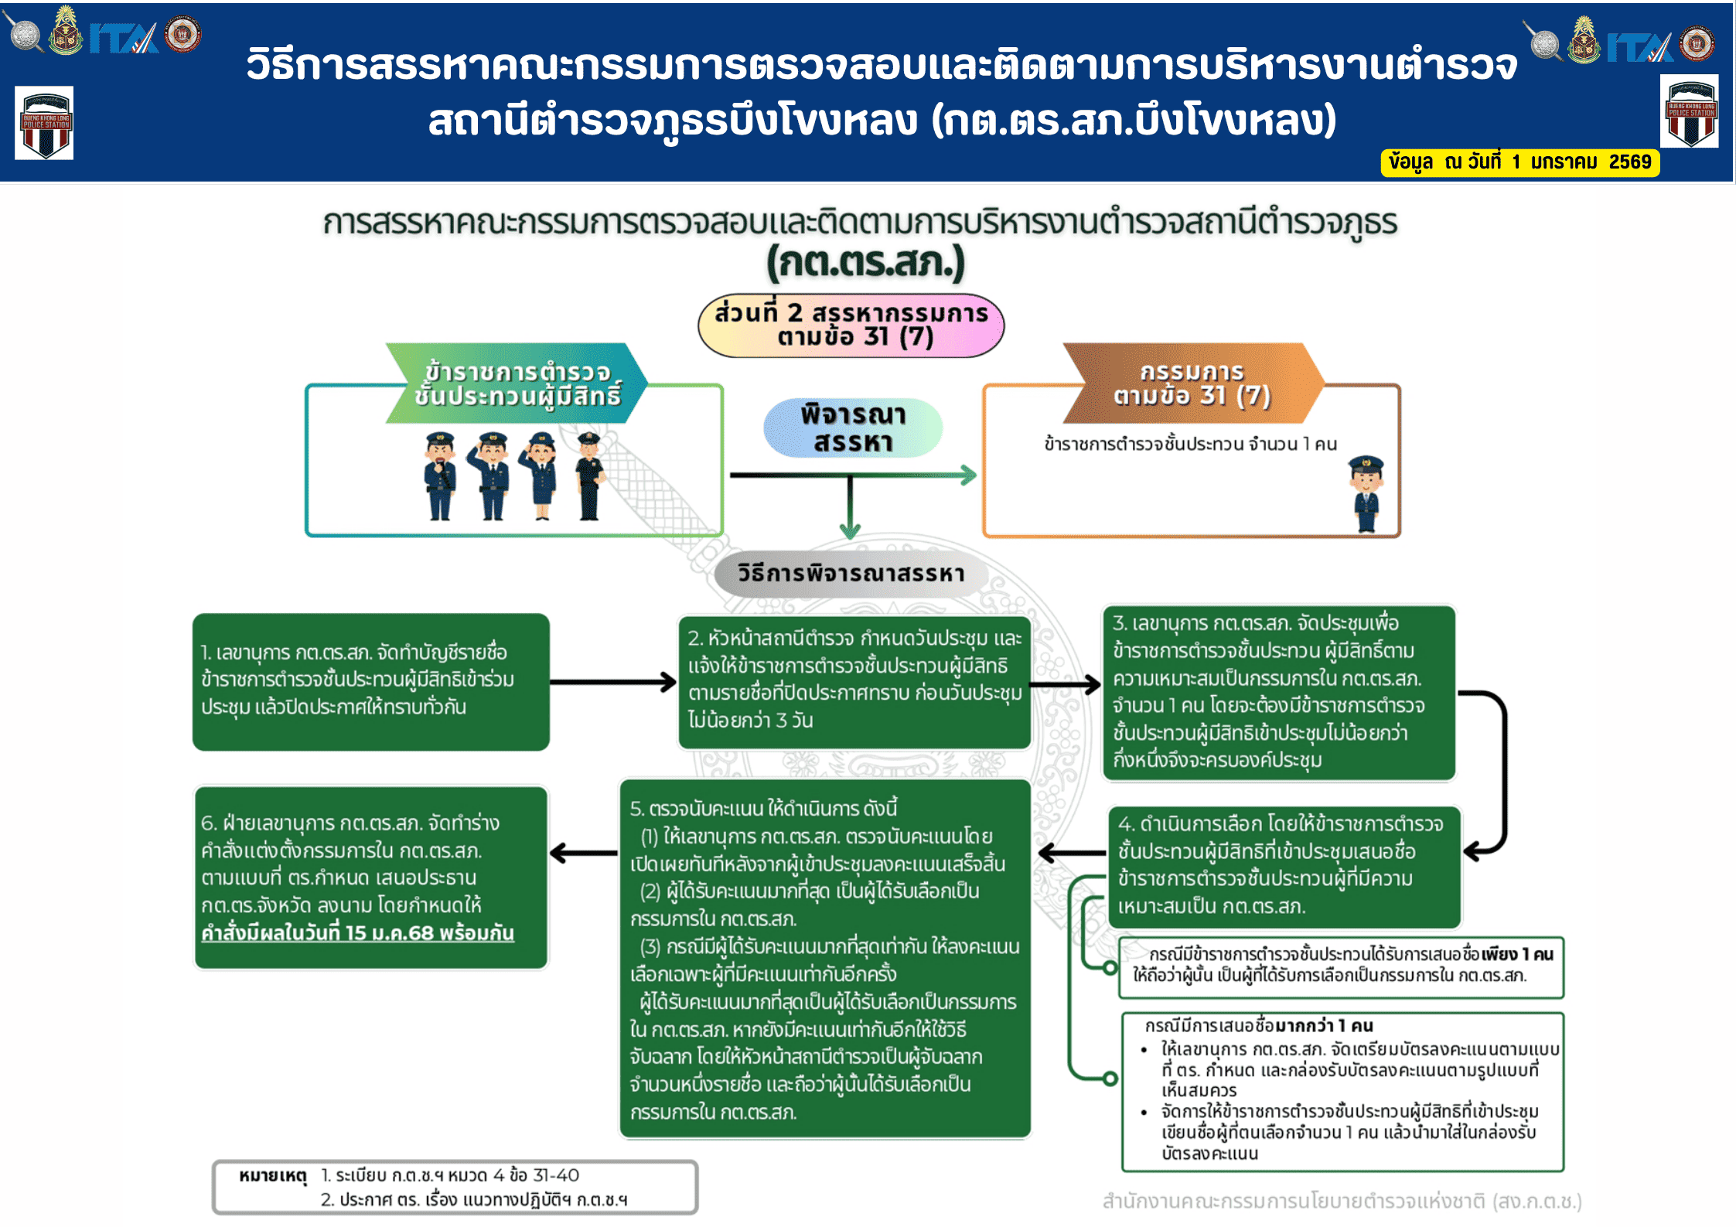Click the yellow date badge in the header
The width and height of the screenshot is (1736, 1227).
click(x=1519, y=162)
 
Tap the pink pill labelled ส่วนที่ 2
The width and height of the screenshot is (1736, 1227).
click(x=851, y=325)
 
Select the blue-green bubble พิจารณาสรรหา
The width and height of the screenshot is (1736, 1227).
click(x=852, y=428)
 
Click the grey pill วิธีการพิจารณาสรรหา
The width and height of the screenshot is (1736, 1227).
click(x=851, y=574)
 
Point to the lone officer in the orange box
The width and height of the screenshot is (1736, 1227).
click(x=1366, y=493)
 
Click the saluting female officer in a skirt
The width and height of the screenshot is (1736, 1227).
click(x=540, y=475)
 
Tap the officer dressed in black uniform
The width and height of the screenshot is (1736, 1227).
click(x=589, y=475)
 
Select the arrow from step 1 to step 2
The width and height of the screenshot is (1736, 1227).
click(x=613, y=682)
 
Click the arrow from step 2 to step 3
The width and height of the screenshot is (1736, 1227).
click(x=1066, y=684)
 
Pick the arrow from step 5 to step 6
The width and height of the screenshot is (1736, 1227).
click(x=584, y=853)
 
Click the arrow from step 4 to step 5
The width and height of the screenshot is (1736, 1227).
click(x=1073, y=853)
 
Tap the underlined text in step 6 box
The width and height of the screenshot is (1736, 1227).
click(x=357, y=932)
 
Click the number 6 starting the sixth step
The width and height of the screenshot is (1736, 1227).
click(x=207, y=823)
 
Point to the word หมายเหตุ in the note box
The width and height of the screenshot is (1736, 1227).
click(x=273, y=1176)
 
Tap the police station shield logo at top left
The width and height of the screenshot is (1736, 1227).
click(x=44, y=123)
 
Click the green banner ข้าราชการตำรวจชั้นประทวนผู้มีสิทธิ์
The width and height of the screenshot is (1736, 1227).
click(x=517, y=383)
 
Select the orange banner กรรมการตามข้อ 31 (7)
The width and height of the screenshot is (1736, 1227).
click(x=1193, y=383)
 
